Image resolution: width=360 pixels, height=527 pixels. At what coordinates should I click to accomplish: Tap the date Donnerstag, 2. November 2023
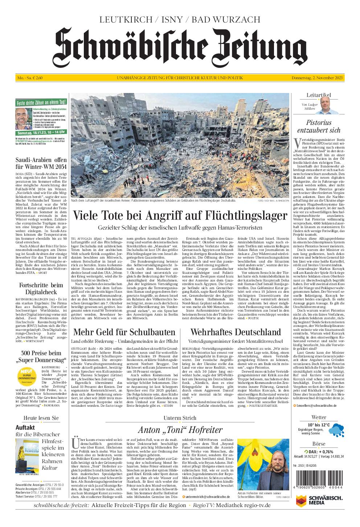(x=318, y=78)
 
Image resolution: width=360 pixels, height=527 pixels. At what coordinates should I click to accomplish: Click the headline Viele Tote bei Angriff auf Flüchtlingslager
(x=180, y=215)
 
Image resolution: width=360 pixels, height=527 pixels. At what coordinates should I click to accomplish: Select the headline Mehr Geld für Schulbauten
(x=124, y=332)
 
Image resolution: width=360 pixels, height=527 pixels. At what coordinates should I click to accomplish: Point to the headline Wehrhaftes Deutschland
(x=236, y=332)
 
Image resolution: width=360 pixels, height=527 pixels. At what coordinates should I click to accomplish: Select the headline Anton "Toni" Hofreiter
(x=180, y=430)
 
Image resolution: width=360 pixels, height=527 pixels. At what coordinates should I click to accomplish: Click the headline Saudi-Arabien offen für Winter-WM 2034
(x=41, y=163)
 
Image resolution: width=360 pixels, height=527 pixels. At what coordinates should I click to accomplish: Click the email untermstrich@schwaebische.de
(x=207, y=496)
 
